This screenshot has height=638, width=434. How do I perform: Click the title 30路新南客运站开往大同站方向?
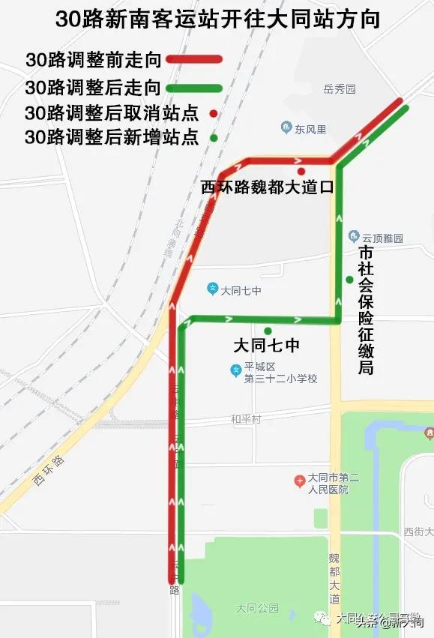217,19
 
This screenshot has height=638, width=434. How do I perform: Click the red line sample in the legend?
193,59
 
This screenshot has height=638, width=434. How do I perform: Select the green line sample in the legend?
193,88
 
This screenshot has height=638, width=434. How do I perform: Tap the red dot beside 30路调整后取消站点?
214,114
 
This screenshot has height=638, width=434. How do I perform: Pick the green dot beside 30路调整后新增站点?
214,138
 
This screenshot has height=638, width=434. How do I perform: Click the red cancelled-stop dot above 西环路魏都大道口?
301,171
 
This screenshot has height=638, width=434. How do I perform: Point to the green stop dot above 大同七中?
268,331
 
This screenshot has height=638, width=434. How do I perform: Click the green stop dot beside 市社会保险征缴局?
349,280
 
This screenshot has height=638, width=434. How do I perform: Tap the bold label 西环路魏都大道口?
266,187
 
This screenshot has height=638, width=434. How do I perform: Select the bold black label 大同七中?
267,346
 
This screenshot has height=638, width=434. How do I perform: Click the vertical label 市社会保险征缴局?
366,310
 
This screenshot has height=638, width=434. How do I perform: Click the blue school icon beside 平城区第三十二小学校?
235,370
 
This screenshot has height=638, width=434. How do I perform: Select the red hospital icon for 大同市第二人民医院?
299,479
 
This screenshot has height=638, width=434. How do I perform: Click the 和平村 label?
246,419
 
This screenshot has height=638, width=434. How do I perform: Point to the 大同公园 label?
256,607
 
